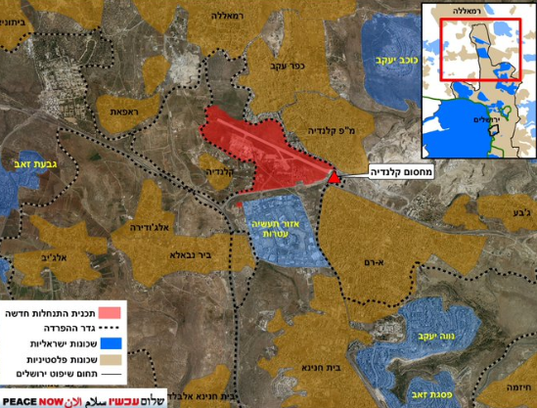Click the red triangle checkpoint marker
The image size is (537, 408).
tap(335, 177)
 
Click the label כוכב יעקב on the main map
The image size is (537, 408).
tap(389, 60)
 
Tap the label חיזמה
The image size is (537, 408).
tap(518, 386)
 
